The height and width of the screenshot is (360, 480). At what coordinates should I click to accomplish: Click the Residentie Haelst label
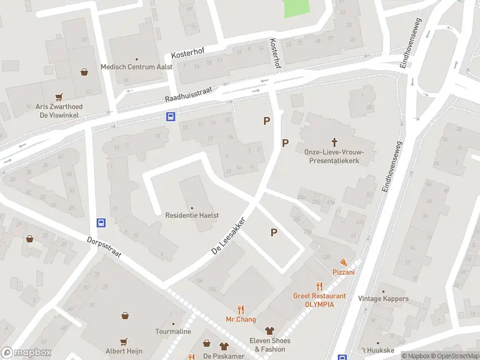pos(192,214)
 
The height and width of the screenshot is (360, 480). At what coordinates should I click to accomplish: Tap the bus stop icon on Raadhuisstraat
pos(171,116)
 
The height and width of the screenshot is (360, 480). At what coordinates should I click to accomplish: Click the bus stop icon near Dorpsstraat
pos(101,223)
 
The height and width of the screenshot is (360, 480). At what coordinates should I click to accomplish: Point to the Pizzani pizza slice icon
pos(343,263)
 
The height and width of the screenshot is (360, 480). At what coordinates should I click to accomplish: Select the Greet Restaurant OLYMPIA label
pos(319,299)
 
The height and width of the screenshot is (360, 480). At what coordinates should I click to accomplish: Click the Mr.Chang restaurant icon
pos(241,310)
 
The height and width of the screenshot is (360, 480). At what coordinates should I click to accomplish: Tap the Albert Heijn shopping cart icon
pos(124,342)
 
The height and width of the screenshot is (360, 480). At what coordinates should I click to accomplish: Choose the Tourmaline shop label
pos(173,331)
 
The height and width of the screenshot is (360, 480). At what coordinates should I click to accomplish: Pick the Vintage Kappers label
pos(383,299)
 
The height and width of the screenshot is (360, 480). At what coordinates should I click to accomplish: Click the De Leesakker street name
pos(229,235)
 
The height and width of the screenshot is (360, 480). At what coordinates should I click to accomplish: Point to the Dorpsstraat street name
pos(104,246)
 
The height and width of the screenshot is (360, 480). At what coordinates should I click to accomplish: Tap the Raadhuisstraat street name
pos(189,93)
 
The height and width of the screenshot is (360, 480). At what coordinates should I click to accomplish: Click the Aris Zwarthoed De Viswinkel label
pos(58,110)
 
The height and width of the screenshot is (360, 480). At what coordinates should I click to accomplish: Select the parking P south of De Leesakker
pos(274,233)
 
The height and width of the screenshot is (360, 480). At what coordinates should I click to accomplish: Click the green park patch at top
pos(296,7)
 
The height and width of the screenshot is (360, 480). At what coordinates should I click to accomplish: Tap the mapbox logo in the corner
pos(26,353)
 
